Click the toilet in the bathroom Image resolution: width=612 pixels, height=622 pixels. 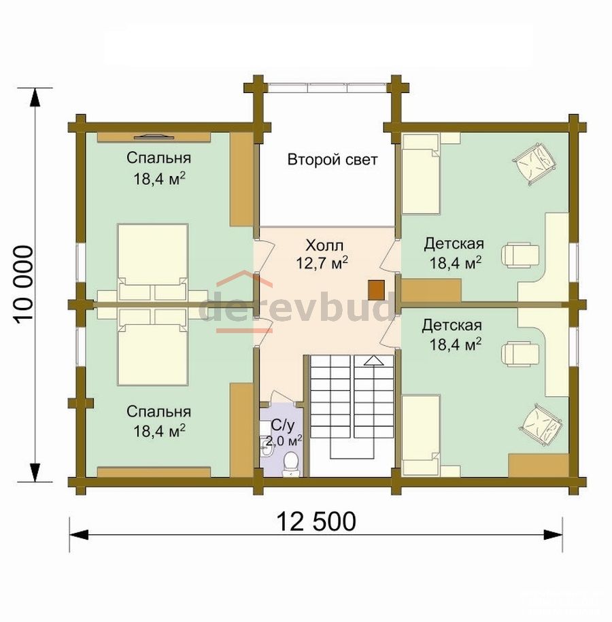point(291,463)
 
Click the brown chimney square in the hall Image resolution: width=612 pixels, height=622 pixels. point(376,290)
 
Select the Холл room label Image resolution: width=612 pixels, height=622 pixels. point(324,245)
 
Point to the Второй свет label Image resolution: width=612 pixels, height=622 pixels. point(333,160)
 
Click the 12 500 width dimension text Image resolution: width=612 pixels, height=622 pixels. point(316,521)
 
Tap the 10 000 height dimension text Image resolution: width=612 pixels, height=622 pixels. point(24,284)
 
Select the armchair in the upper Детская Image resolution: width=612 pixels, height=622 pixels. point(534,163)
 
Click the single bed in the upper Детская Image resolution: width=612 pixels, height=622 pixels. point(421,174)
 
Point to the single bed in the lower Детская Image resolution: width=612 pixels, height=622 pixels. point(421,435)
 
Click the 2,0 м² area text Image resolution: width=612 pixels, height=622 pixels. point(284,440)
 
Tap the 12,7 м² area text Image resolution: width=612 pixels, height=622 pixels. point(322,263)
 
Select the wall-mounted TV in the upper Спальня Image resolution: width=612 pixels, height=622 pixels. point(154,137)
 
